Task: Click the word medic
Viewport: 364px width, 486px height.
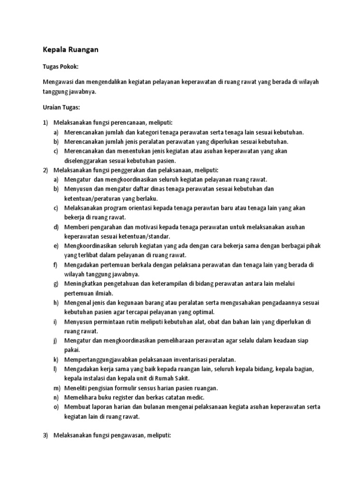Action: coord(196,397)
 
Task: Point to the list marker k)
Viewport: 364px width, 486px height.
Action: coord(56,359)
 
